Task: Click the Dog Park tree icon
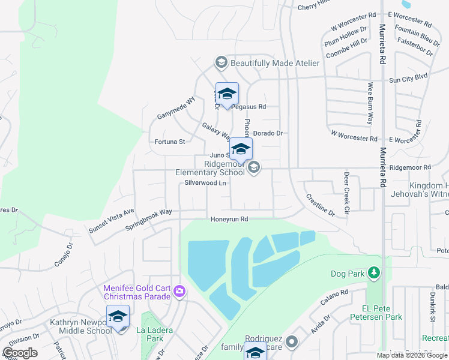pos(374,274)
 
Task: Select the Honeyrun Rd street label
pos(229,220)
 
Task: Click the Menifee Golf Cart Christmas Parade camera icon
pos(179,292)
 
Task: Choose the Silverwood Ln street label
pos(205,182)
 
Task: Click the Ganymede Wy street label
pos(176,108)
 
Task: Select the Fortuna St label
pos(169,142)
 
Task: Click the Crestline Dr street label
pos(320,204)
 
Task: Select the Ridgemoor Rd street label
pos(410,168)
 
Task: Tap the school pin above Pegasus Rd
pos(227,94)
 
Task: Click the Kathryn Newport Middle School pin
pos(118,317)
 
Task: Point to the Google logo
pos(20,353)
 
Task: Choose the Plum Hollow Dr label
pos(345,37)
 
